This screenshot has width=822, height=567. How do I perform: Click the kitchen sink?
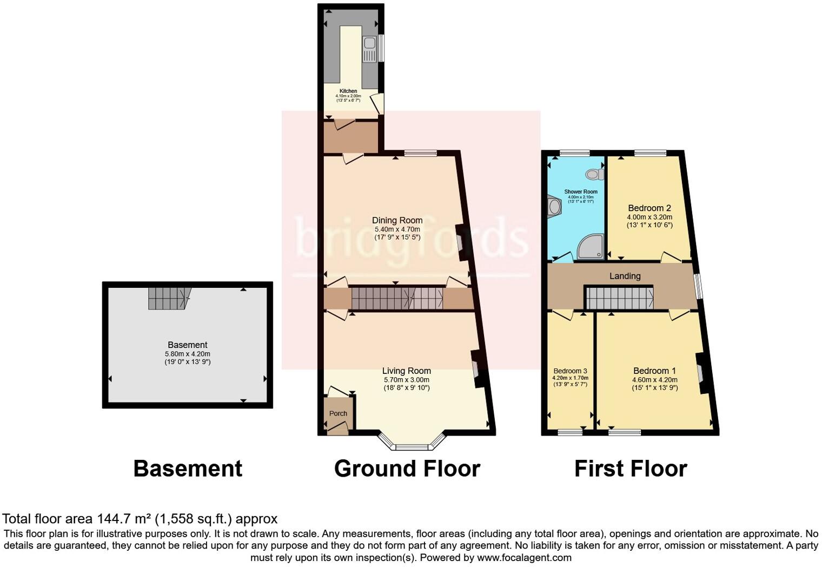[369, 49]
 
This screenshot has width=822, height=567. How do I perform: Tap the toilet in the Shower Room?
[595, 174]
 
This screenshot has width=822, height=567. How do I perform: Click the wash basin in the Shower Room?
[554, 207]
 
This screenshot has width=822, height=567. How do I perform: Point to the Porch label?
[339, 413]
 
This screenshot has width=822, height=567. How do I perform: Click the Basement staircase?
[169, 298]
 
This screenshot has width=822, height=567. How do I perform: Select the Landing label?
[625, 276]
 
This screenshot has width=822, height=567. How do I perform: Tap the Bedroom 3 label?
[570, 371]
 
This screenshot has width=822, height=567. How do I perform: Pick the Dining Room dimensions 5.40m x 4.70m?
[397, 229]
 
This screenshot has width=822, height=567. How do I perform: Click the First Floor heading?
[631, 469]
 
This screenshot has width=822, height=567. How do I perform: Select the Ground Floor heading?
[407, 469]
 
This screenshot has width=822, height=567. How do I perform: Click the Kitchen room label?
[348, 91]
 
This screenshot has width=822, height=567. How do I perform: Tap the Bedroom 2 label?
[649, 208]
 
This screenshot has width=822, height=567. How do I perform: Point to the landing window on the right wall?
[699, 286]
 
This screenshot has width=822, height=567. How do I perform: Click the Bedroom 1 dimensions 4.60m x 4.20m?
[654, 380]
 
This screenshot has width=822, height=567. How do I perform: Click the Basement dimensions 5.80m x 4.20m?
[187, 354]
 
